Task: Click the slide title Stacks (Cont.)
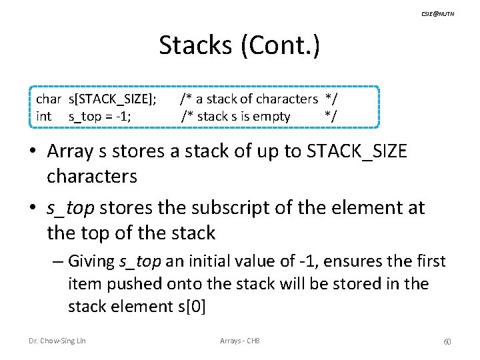click(239, 45)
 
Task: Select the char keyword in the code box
click(49, 99)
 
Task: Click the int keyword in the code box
click(43, 117)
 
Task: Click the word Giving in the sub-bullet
click(91, 261)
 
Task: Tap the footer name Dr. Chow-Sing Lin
click(57, 341)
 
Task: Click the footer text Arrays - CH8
click(239, 341)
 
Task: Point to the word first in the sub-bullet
click(431, 261)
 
